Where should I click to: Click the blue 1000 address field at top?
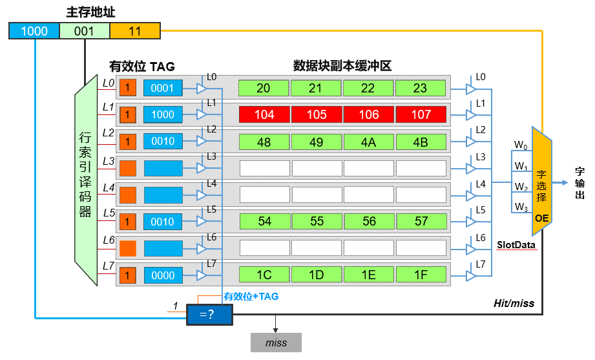(x=34, y=31)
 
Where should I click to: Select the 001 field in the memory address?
(x=85, y=31)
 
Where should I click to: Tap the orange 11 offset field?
(x=134, y=31)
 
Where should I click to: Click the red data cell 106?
(x=369, y=114)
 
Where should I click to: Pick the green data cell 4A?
(x=369, y=142)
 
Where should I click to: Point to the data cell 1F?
(x=421, y=275)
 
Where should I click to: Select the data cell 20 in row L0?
(x=264, y=88)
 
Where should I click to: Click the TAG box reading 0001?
(x=163, y=88)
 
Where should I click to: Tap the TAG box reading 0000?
(x=163, y=275)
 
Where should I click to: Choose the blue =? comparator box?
(x=208, y=315)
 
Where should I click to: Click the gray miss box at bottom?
(x=276, y=343)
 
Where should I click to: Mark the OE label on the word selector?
(x=541, y=218)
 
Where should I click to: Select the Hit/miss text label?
(x=514, y=302)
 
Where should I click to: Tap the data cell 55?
(x=317, y=221)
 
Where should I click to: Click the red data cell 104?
(x=264, y=114)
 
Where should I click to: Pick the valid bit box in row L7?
(x=128, y=275)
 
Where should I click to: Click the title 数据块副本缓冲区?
(x=342, y=66)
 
